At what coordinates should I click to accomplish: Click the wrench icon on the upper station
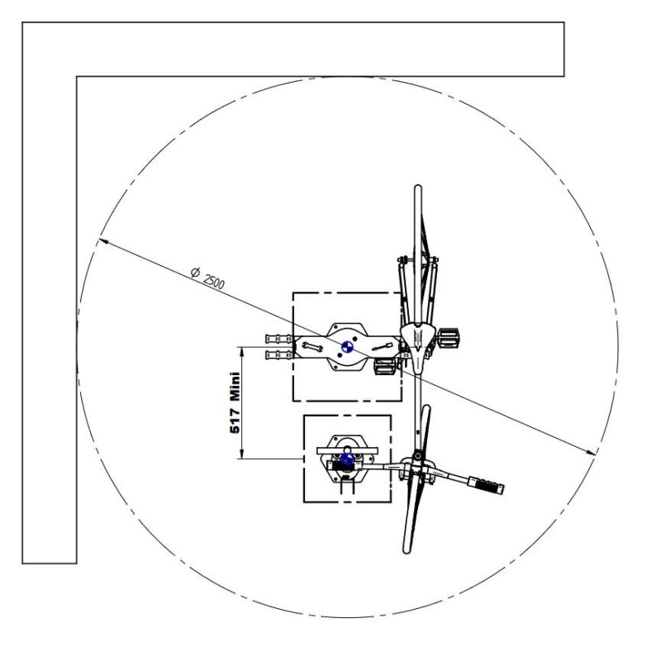click(x=312, y=347)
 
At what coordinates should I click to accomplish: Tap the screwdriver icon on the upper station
click(x=383, y=347)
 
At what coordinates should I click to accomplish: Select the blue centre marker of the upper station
click(x=347, y=347)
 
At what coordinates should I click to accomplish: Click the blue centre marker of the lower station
click(x=347, y=459)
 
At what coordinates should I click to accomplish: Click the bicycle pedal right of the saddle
click(x=448, y=338)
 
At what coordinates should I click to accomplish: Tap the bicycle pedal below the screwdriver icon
click(x=384, y=366)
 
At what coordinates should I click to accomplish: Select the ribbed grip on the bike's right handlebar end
click(x=486, y=485)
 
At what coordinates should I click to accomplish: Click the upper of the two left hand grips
click(x=278, y=339)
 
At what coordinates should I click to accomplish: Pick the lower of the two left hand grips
click(x=278, y=355)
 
